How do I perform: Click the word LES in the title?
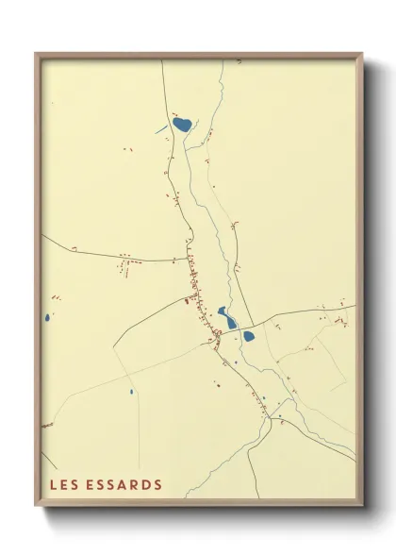(x=64, y=485)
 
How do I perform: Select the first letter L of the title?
(x=54, y=485)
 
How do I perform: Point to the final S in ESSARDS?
(x=157, y=485)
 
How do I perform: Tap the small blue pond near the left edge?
(x=45, y=318)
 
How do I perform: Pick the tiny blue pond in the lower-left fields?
(x=131, y=391)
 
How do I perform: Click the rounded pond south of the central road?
(x=249, y=335)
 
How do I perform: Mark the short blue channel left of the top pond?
(x=161, y=127)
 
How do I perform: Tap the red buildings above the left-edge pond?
(x=56, y=299)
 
